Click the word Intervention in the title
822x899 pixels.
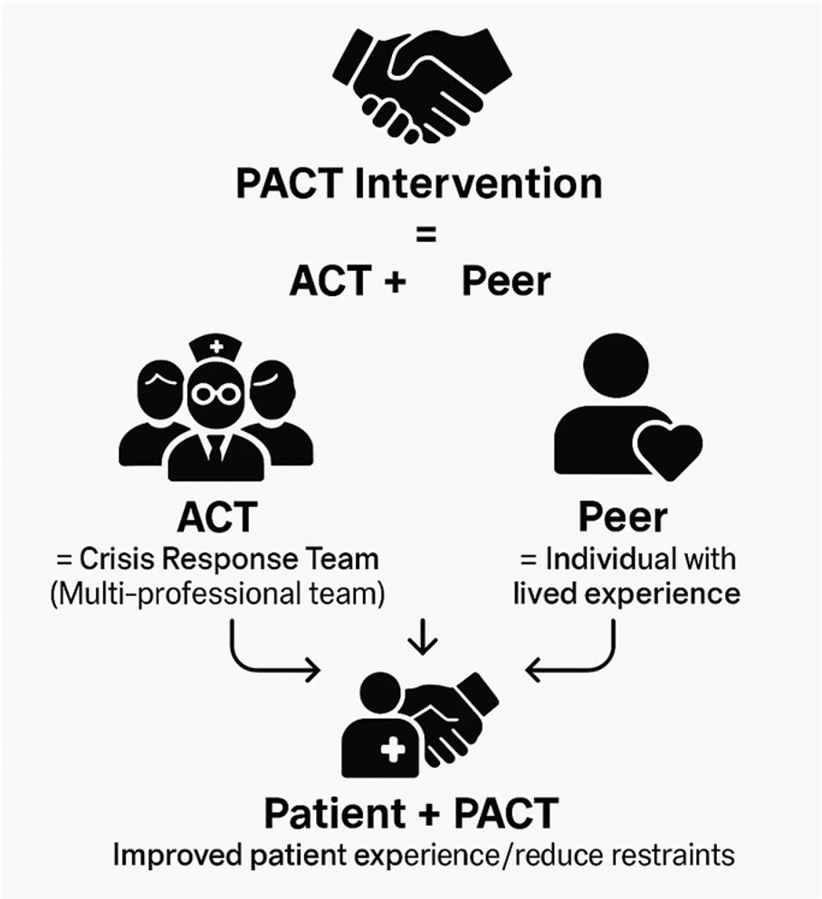coord(479,184)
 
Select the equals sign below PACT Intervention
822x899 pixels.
coord(425,234)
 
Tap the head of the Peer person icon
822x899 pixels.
coord(616,365)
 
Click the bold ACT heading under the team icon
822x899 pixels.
coord(217,517)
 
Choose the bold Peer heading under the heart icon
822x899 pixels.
coord(623,517)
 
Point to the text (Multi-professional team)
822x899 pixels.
coord(217,594)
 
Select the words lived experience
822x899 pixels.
coord(626,594)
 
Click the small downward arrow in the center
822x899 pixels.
coord(423,636)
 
